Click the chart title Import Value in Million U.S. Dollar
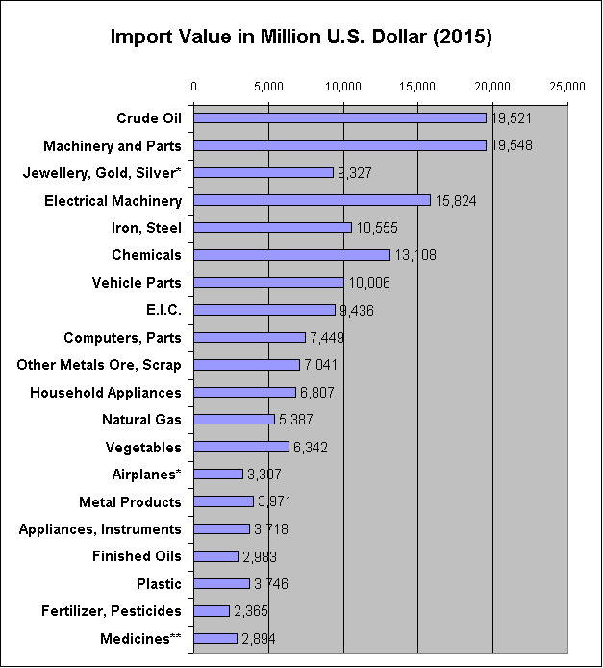click(301, 39)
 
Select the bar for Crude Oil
click(339, 118)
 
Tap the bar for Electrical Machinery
click(312, 200)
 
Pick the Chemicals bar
click(291, 255)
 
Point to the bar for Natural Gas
click(234, 420)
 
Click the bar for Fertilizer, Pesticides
click(212, 611)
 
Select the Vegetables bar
click(241, 447)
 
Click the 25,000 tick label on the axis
click(567, 87)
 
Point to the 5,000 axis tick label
click(268, 87)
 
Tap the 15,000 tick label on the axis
click(418, 87)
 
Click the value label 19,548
click(511, 146)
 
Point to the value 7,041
click(320, 365)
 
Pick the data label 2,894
click(259, 639)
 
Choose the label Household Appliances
click(106, 393)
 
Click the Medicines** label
click(141, 639)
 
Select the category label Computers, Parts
click(123, 338)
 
